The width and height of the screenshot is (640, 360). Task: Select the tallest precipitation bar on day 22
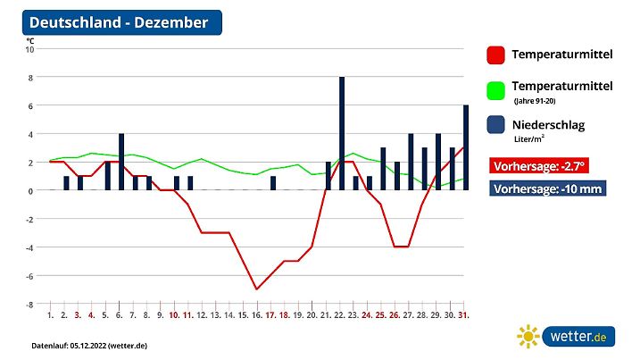pos(342,134)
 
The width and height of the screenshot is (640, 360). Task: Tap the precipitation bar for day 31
pos(466,147)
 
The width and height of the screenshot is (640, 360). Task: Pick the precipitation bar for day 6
pos(121,162)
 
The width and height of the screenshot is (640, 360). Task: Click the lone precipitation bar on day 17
pos(273,183)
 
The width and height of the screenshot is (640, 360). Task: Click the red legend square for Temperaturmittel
pos(496,55)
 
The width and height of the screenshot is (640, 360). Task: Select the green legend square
pos(496,90)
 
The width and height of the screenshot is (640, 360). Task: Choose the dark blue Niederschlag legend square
pos(496,126)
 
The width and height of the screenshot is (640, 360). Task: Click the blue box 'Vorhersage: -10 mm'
pos(547,189)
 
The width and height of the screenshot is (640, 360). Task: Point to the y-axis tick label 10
pos(29,49)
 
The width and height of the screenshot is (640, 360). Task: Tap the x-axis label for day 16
pos(256,315)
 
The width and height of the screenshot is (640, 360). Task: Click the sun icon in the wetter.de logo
pos(529,337)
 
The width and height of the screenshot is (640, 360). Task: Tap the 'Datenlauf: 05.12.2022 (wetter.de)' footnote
pos(89,345)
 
